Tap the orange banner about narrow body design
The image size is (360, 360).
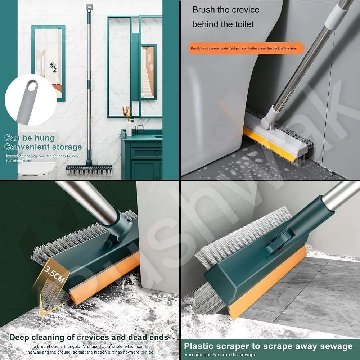(246, 48)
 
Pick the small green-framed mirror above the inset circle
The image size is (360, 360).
(48, 61)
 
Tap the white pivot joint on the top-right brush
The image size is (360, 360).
(268, 119)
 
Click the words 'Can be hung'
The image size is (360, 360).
(30, 138)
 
